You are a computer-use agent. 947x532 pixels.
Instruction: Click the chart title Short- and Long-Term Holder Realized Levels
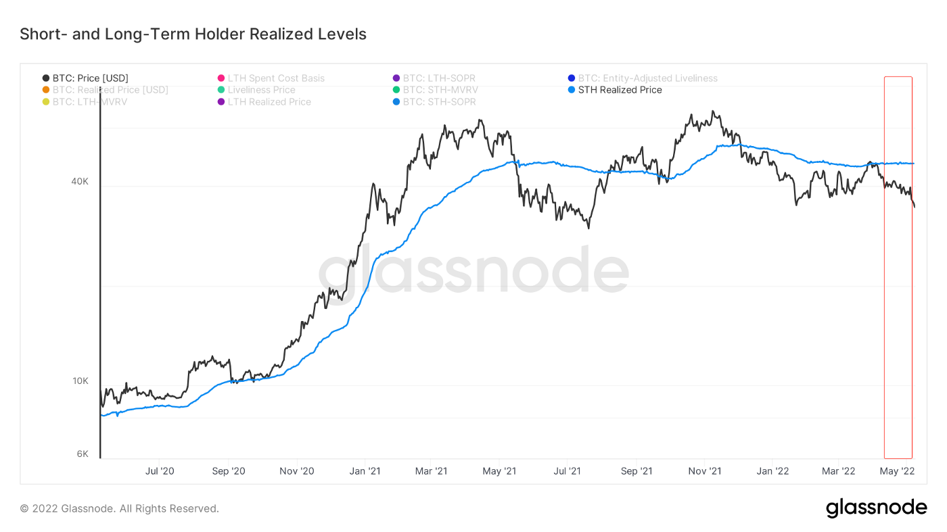[193, 34]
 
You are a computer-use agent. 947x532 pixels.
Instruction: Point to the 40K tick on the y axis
[80, 181]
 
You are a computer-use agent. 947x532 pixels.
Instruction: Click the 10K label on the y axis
[80, 381]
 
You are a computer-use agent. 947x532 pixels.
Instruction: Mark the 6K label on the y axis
[82, 454]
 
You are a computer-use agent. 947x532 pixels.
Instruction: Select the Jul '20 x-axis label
[160, 470]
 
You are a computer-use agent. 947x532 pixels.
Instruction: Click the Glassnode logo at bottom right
[876, 508]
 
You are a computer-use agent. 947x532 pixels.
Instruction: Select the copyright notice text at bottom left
[120, 508]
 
